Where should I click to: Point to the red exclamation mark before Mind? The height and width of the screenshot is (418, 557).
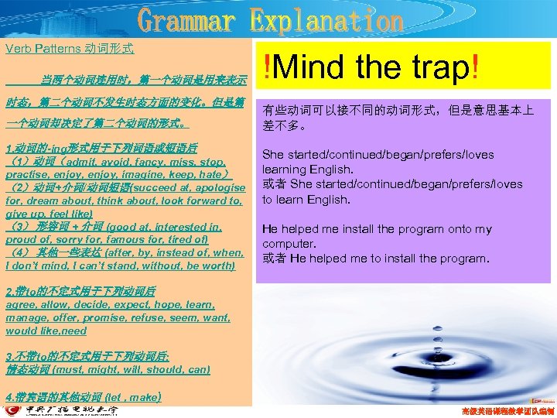[x=266, y=69]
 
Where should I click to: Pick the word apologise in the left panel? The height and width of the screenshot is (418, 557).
[x=207, y=187]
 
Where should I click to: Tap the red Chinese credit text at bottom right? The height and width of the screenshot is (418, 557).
[x=507, y=409]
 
